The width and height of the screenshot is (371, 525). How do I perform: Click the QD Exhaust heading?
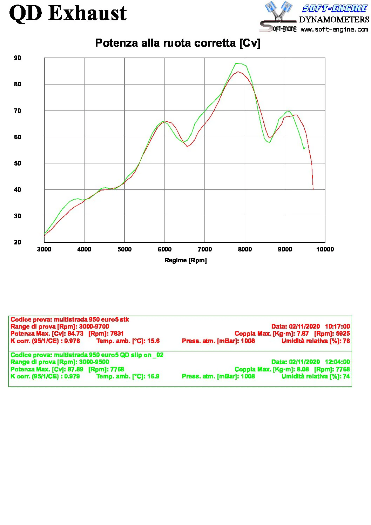pyautogui.click(x=68, y=13)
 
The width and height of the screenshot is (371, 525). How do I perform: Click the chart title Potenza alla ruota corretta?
pyautogui.click(x=178, y=43)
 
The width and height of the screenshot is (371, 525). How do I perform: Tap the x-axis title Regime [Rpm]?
pyautogui.click(x=185, y=260)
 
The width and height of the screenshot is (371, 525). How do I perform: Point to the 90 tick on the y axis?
pyautogui.click(x=18, y=58)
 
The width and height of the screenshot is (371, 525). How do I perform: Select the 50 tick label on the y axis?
pyautogui.click(x=18, y=163)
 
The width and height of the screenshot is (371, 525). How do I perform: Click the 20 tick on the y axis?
pyautogui.click(x=18, y=242)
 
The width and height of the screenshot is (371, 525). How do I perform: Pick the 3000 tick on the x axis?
pyautogui.click(x=44, y=249)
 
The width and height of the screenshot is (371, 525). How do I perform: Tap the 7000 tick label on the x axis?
pyautogui.click(x=204, y=249)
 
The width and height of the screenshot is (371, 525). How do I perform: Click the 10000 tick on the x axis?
pyautogui.click(x=325, y=249)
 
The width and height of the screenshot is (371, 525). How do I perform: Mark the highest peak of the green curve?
pyautogui.click(x=236, y=63)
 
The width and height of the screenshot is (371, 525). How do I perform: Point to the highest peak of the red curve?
pyautogui.click(x=238, y=72)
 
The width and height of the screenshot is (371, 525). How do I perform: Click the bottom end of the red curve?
pyautogui.click(x=313, y=189)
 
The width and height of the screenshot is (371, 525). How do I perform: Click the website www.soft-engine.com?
pyautogui.click(x=334, y=29)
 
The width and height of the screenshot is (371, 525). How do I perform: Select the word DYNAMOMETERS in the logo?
pyautogui.click(x=334, y=19)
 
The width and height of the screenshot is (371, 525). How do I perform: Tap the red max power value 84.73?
pyautogui.click(x=75, y=334)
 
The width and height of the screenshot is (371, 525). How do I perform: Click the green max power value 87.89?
pyautogui.click(x=75, y=369)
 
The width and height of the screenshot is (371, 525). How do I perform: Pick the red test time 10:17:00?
pyautogui.click(x=337, y=327)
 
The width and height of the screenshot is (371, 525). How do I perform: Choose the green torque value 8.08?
pyautogui.click(x=303, y=369)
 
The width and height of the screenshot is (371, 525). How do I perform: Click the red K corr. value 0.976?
pyautogui.click(x=72, y=341)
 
